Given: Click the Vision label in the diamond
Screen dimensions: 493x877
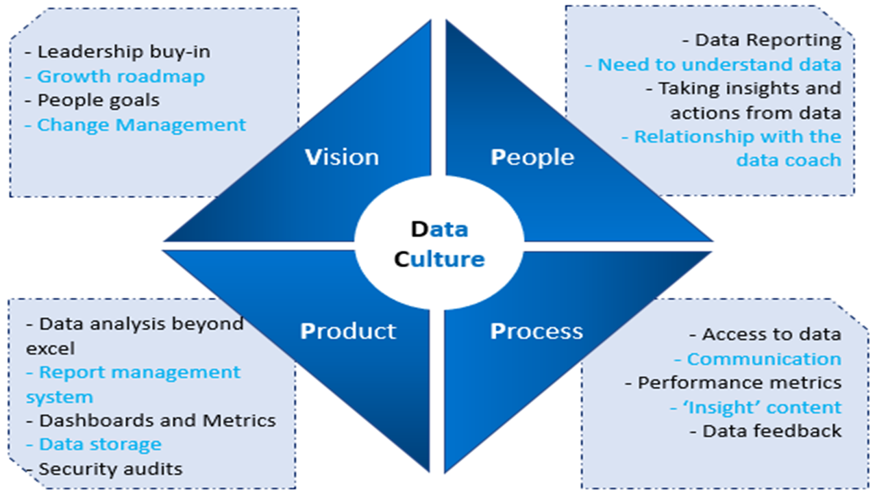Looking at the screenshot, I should coord(341,157).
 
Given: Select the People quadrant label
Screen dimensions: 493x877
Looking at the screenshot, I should coord(532,157).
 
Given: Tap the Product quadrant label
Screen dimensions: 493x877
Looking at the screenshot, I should coord(348,331).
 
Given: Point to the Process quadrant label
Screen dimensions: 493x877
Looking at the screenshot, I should coord(536,331).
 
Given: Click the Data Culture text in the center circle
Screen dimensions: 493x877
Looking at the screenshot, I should coord(439,244).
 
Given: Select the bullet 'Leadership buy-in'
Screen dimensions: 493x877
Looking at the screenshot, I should coord(123,51).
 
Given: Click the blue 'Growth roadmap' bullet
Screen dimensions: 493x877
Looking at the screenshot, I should coord(121,76).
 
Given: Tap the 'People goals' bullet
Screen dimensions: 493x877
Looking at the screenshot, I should coord(98,100).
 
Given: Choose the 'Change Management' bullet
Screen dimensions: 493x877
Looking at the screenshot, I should coord(141,125).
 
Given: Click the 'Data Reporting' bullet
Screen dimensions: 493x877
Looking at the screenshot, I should coord(768,40).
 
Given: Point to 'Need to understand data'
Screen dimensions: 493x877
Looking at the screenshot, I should coord(719,64).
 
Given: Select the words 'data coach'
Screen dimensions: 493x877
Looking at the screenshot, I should coord(789,160).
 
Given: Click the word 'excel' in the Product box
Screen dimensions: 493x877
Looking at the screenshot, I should coord(50,348).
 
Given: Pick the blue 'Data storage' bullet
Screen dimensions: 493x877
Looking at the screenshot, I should coord(100,444).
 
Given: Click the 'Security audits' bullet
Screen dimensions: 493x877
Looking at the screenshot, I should coord(110,468).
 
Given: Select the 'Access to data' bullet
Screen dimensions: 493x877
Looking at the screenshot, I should coord(771,334).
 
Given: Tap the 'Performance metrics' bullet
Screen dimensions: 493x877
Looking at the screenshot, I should coord(739,382).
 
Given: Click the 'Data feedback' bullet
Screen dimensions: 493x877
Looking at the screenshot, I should coord(771,431).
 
